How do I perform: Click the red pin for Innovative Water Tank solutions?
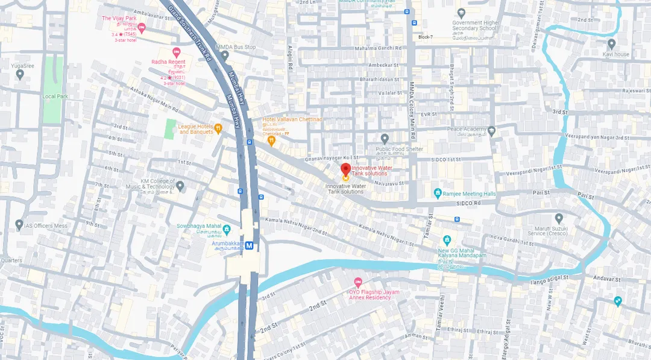tap(345, 168)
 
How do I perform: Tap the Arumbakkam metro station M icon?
tap(249, 245)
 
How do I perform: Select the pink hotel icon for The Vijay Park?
tap(142, 27)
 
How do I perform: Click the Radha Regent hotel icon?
tap(177, 52)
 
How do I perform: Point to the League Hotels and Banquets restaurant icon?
tap(218, 128)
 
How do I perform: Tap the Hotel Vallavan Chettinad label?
tap(292, 120)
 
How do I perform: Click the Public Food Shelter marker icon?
tap(385, 139)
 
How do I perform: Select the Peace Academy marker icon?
tap(491, 130)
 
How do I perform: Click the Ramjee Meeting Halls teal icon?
tap(438, 194)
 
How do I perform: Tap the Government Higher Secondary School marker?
tap(461, 13)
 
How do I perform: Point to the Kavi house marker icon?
tap(611, 44)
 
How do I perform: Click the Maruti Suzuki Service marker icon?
tap(559, 218)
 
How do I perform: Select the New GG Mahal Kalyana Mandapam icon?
tap(447, 240)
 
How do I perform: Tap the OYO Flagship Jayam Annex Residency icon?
tap(358, 282)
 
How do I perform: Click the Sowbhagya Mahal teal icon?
tap(227, 229)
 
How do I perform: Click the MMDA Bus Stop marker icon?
tap(224, 55)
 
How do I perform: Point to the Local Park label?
tap(55, 96)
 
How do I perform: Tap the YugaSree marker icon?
tap(20, 74)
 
